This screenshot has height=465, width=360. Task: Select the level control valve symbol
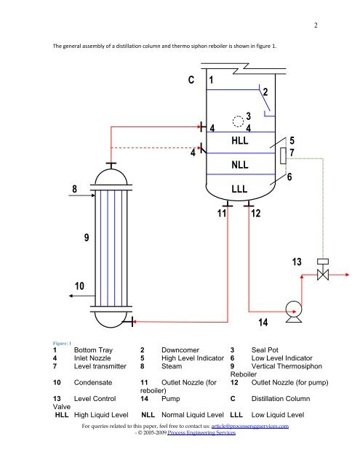[323, 270]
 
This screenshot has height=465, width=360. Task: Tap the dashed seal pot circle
[238, 121]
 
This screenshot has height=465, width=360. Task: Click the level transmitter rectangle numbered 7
[283, 155]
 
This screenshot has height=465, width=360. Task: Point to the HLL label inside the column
[240, 140]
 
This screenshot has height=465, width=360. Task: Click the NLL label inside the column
[240, 165]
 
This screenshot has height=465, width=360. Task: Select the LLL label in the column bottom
[239, 189]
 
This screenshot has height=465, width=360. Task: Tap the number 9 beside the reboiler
[87, 238]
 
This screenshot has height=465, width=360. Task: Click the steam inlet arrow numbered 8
[82, 195]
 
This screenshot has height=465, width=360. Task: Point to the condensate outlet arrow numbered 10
[82, 296]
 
